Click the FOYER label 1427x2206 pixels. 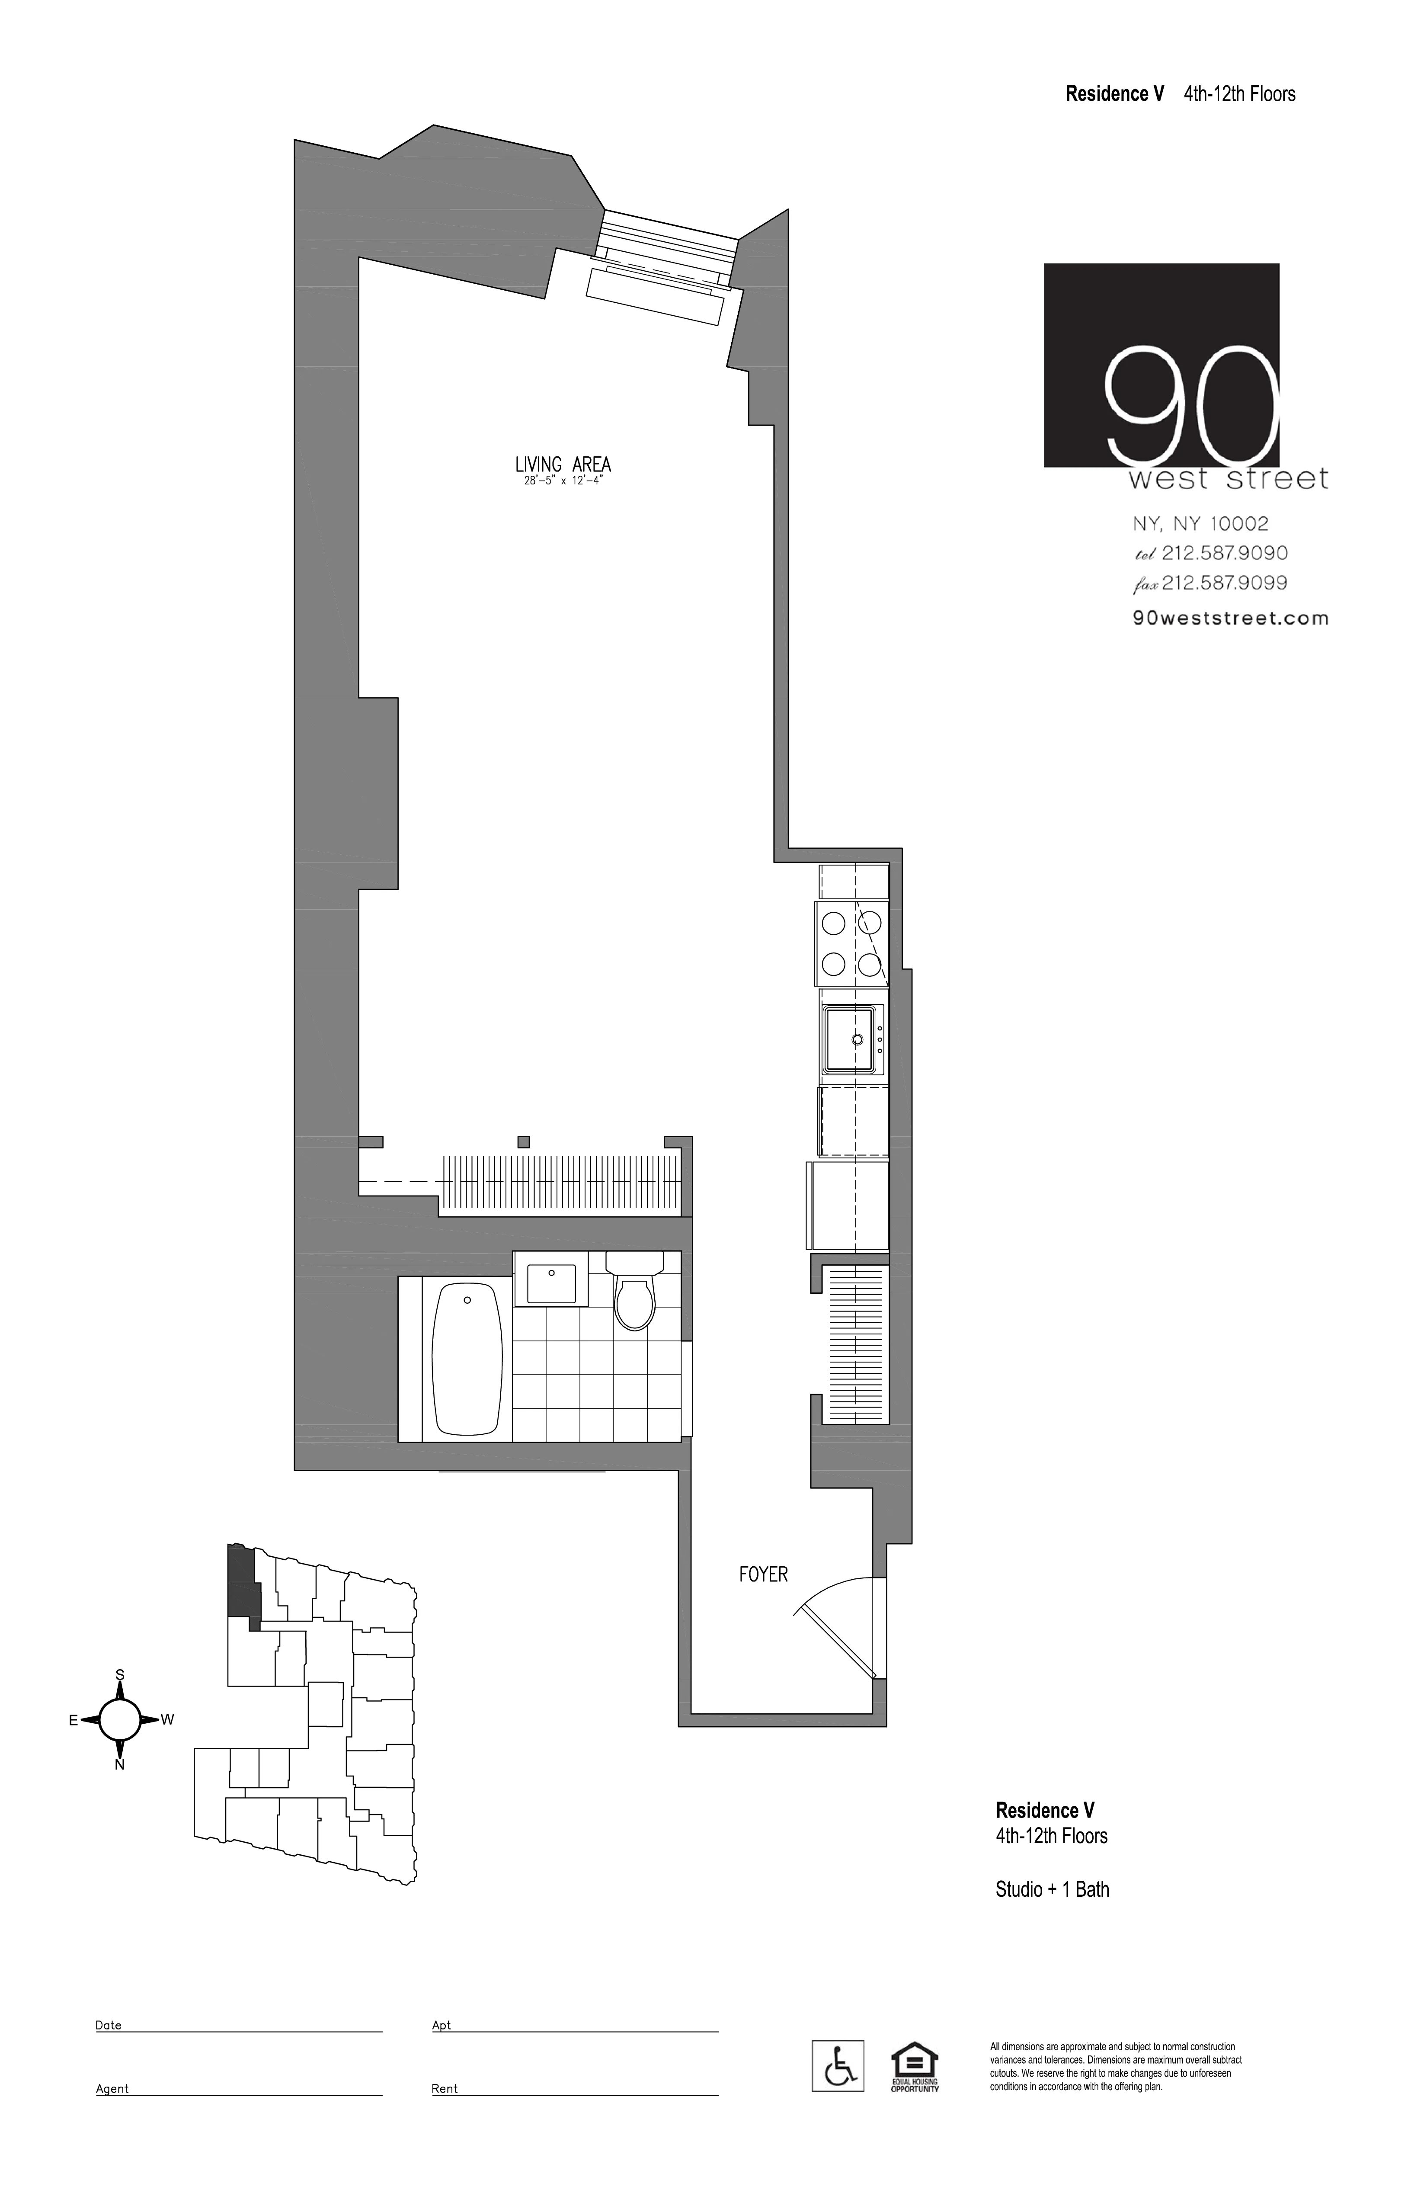[x=763, y=1574]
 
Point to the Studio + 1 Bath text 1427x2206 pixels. [x=1052, y=1888]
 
